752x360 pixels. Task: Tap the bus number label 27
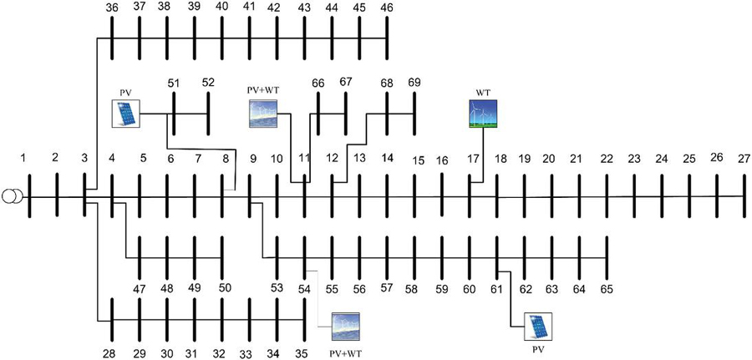pos(744,157)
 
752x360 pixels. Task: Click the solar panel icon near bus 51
pos(127,114)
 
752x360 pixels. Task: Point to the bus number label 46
pos(387,8)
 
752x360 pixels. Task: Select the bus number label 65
pos(607,289)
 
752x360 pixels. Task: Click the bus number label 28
pos(109,354)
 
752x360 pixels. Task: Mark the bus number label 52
pos(208,83)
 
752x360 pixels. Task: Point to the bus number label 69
pos(414,83)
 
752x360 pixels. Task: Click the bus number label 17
pos(473,158)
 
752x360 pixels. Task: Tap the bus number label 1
pos(24,157)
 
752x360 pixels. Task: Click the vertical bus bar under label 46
pos(387,38)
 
